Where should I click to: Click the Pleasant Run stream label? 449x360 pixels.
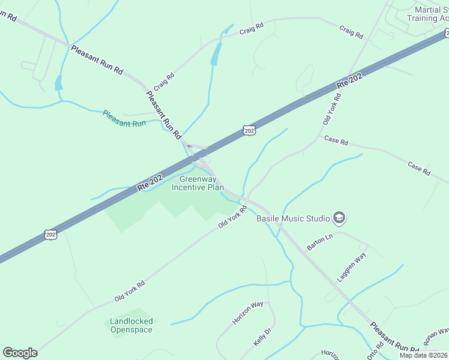pos(124,118)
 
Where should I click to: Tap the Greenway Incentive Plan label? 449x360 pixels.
pos(197,183)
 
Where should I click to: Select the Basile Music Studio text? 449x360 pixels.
pos(294,218)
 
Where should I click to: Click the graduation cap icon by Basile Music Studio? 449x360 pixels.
pos(339,218)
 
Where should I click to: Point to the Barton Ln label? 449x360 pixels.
pos(319,242)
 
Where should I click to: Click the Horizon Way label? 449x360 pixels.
pos(248,313)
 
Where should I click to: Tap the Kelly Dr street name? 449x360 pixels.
pos(262,336)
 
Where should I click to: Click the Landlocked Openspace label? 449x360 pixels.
pos(131,325)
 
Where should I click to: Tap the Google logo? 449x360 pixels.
pos(20,353)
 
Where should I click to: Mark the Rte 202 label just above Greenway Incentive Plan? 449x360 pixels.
pos(150,183)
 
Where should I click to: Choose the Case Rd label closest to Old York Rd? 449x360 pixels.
pos(336,142)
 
